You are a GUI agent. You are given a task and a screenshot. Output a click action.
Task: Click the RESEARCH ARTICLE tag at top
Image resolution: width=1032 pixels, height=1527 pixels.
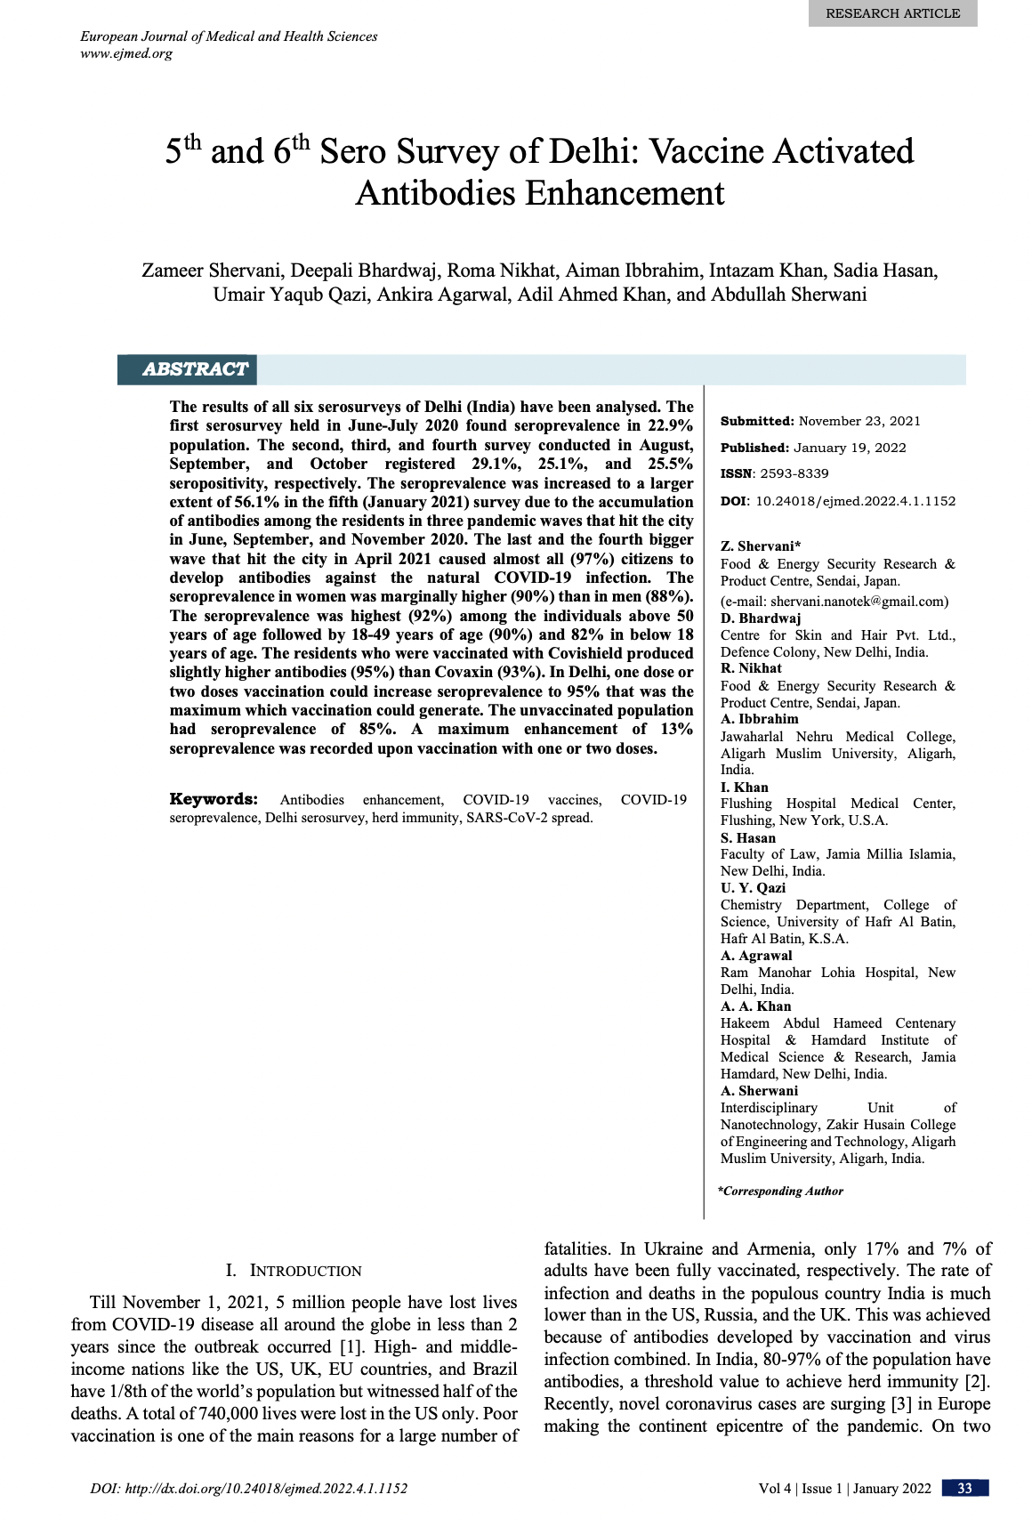tap(892, 13)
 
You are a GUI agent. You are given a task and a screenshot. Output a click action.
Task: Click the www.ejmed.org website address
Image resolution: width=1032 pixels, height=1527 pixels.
tap(126, 53)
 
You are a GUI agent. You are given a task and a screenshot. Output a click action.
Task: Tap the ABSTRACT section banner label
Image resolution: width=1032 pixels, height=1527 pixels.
tap(195, 369)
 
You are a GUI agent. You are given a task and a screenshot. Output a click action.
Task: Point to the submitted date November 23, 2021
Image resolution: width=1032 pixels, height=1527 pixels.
tap(859, 421)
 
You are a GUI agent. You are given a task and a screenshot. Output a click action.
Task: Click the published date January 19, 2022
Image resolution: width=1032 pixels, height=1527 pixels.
tap(850, 448)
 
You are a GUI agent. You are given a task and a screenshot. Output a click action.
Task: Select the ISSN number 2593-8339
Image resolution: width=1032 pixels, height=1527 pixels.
tap(794, 473)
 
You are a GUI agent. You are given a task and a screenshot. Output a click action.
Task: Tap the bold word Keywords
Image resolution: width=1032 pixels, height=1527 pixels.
tap(214, 799)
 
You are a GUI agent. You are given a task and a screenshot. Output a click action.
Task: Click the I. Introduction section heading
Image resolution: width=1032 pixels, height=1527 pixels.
tap(294, 1271)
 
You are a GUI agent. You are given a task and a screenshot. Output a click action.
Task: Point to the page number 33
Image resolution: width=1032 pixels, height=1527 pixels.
tap(964, 1489)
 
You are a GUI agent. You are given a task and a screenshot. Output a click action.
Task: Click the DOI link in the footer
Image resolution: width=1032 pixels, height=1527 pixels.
tap(249, 1489)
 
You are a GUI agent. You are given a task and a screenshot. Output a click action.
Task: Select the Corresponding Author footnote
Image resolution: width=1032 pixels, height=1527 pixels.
tap(780, 1191)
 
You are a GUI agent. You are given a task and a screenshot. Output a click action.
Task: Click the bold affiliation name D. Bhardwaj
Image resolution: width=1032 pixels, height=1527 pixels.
tap(761, 618)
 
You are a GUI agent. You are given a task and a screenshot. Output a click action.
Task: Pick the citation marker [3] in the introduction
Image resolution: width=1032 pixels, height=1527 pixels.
tap(900, 1404)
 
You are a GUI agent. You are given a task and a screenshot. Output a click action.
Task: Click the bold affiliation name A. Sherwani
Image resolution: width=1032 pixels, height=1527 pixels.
tap(759, 1090)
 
